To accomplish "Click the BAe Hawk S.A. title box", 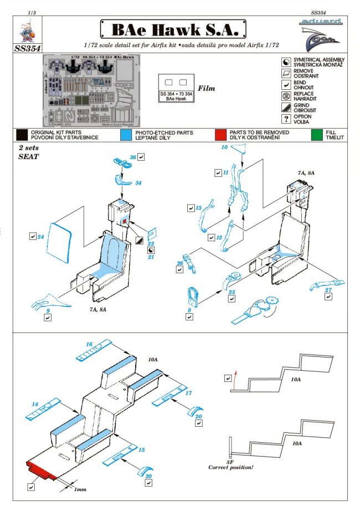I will tap(172, 28).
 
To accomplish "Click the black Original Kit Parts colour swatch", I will tap(22, 135).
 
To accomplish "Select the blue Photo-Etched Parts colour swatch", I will tap(126, 135).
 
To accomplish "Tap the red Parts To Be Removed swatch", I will tap(221, 135).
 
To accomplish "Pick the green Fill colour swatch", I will tap(317, 135).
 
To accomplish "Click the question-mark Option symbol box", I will tap(286, 119).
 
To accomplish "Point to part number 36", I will tap(133, 157).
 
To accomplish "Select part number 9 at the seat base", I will tap(48, 311).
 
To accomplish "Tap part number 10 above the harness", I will tap(224, 147).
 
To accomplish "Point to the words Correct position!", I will tap(231, 468).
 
